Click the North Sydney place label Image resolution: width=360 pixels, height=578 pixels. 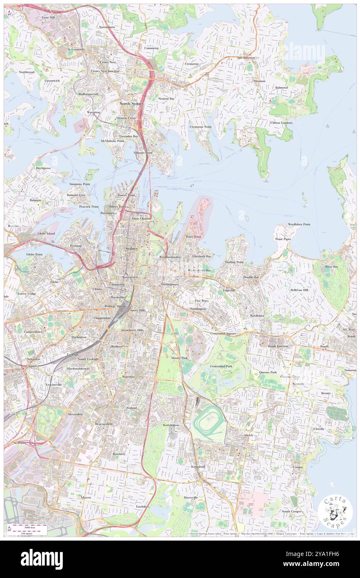coord(131,103)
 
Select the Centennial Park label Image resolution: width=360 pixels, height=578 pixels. coord(221,366)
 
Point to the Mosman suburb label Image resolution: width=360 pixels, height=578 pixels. coord(259,81)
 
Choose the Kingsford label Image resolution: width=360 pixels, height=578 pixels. coord(198,467)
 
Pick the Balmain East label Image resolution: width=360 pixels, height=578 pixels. coord(76,195)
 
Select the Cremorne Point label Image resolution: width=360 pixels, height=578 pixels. coord(200,126)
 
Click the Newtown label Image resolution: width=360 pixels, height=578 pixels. coord(33,358)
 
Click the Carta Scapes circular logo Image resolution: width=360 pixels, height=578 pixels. coord(335,512)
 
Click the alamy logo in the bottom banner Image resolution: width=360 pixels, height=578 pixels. coord(42,559)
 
